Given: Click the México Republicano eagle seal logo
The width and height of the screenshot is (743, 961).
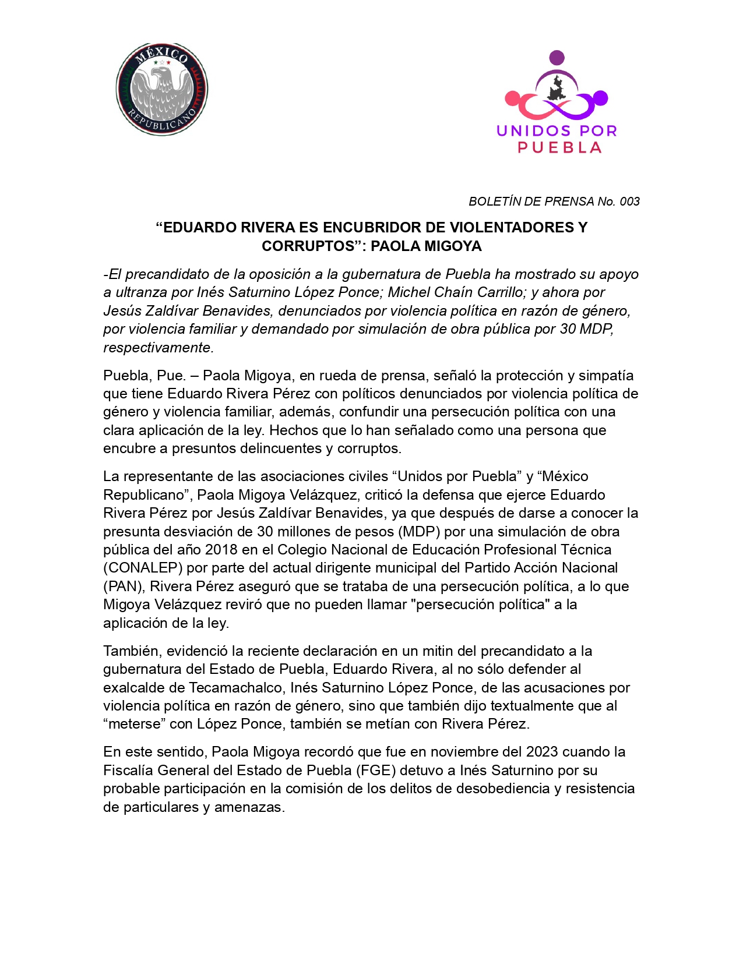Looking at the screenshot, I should point(162,89).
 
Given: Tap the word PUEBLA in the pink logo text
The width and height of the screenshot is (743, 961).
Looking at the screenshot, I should point(559,148).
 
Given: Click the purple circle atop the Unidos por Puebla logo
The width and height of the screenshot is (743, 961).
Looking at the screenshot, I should point(557,57).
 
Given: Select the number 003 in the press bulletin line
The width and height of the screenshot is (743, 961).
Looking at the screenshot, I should point(629,202).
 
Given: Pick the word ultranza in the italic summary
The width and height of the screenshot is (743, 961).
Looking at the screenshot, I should point(140,292).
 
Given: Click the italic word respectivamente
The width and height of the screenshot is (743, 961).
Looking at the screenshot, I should point(159,348).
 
